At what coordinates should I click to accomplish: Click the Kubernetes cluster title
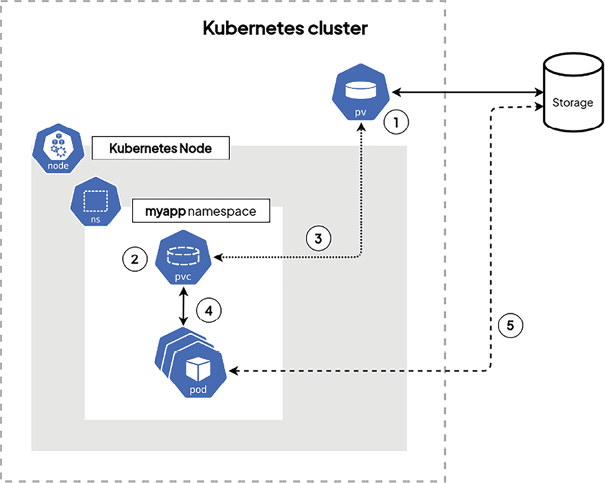[x=285, y=28]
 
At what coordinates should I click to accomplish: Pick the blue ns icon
[x=96, y=204]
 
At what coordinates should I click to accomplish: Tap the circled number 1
[x=396, y=124]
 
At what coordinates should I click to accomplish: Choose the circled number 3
[x=318, y=239]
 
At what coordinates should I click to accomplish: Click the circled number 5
[x=510, y=325]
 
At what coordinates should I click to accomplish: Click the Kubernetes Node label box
[x=160, y=149]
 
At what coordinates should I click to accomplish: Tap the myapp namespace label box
[x=200, y=211]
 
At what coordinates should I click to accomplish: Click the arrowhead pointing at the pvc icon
[x=219, y=257]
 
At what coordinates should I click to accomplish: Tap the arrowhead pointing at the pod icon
[x=234, y=371]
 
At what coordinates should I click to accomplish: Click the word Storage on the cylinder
[x=573, y=103]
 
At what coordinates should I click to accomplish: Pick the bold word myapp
[x=164, y=211]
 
